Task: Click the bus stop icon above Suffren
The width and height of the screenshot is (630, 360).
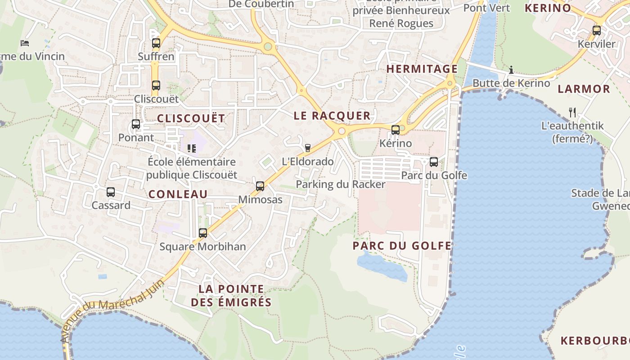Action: (x=156, y=43)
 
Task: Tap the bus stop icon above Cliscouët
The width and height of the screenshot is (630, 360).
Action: (x=156, y=85)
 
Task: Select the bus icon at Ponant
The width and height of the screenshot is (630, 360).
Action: (x=136, y=124)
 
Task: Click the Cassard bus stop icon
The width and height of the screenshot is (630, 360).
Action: (x=111, y=192)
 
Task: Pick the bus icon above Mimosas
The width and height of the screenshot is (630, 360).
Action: (x=260, y=186)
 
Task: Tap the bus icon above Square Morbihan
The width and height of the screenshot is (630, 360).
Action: (x=203, y=233)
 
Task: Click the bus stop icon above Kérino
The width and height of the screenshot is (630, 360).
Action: (x=396, y=130)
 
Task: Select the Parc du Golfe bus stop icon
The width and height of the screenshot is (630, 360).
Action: (x=434, y=162)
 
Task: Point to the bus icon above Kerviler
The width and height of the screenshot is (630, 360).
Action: (x=597, y=31)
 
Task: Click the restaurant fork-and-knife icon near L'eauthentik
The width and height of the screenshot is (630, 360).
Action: (x=572, y=112)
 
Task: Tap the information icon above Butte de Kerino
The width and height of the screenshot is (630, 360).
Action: (x=511, y=70)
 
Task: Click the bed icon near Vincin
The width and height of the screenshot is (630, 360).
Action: (x=25, y=43)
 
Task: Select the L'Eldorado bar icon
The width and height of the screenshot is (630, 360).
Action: (x=308, y=148)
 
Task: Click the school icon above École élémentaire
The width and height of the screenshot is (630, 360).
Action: (x=192, y=148)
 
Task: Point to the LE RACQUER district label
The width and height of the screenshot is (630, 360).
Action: (x=332, y=116)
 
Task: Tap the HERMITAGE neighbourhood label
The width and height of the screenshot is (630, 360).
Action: (x=422, y=69)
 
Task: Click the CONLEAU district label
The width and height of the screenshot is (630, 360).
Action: (x=178, y=194)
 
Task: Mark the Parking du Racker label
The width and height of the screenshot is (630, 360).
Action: (x=340, y=184)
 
